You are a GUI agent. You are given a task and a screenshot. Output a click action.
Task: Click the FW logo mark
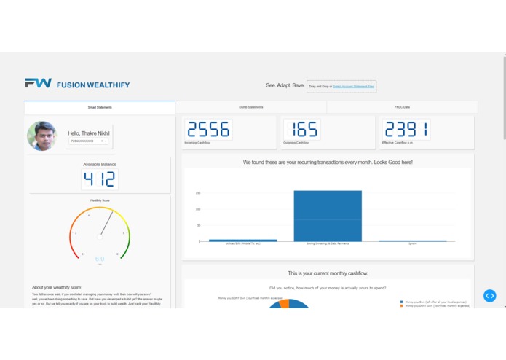[x=38, y=84]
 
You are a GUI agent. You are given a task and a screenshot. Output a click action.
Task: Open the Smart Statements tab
[x=100, y=107]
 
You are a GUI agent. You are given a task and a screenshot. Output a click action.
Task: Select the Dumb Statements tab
[x=251, y=107]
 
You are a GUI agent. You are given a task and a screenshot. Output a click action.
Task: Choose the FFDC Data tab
[x=402, y=107]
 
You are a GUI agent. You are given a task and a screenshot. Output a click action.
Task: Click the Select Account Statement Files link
[x=354, y=86]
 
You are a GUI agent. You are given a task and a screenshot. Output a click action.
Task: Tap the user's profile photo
[x=42, y=136]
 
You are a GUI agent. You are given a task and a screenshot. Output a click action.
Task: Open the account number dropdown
[x=89, y=141]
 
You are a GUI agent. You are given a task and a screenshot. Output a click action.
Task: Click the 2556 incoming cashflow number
[x=208, y=130]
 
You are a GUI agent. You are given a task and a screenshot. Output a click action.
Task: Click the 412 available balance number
[x=100, y=179]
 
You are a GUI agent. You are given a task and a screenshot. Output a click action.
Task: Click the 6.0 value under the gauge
[x=100, y=259]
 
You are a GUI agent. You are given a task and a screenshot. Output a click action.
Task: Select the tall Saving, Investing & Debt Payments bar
[x=328, y=216]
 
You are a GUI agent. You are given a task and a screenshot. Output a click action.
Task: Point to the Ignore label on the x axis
[x=412, y=244]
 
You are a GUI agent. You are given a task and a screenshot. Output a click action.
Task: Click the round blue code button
[x=490, y=295]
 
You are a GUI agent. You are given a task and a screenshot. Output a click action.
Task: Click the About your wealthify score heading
[x=57, y=287]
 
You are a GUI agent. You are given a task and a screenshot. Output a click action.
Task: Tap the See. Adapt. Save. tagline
[x=285, y=85]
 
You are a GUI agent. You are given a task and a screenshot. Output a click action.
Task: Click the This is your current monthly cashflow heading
[x=328, y=273]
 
